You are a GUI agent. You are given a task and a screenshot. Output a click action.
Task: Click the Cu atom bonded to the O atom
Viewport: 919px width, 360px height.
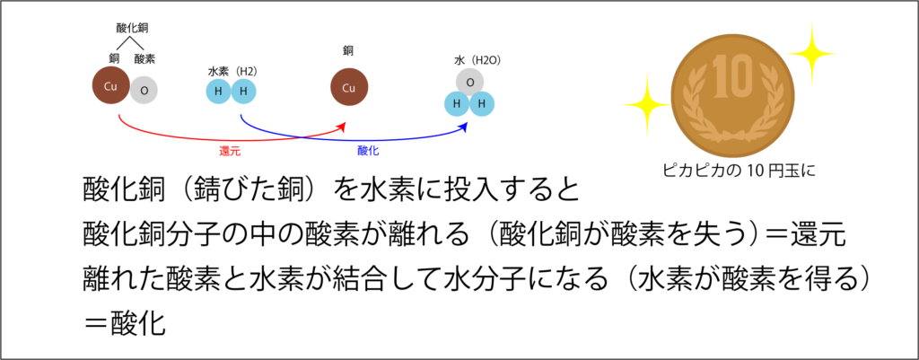pos(110,85)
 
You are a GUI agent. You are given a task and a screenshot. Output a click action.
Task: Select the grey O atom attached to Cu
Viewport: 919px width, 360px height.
pos(144,90)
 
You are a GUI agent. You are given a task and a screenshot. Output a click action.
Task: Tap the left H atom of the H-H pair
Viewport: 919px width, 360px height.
pos(218,91)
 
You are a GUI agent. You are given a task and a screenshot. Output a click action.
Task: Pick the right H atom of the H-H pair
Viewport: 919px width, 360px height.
pos(243,91)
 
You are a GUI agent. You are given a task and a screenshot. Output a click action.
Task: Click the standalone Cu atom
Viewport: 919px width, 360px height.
pos(348,87)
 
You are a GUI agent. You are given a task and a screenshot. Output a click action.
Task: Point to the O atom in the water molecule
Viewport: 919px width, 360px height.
pos(469,82)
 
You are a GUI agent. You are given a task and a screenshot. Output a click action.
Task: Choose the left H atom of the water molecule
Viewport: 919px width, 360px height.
pos(456,104)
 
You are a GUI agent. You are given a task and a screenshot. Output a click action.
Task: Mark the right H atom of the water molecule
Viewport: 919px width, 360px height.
pos(482,104)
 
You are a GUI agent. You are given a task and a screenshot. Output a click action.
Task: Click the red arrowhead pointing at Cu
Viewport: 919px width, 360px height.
pos(342,127)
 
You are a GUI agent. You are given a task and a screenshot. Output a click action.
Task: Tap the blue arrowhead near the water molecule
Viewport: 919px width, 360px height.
pos(464,127)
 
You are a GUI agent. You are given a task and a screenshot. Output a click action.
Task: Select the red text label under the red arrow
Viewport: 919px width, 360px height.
pos(230,152)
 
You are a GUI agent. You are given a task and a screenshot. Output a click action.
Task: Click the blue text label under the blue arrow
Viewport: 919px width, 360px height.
pos(368,151)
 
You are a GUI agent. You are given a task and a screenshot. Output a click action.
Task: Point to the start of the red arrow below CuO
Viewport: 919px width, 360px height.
pos(119,116)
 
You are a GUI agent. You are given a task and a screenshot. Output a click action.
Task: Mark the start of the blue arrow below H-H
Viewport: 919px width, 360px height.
pos(241,116)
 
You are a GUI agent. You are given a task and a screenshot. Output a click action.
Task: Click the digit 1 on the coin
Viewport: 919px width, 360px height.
pos(719,76)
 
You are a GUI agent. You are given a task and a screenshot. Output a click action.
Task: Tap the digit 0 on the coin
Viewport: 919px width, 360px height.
pos(740,76)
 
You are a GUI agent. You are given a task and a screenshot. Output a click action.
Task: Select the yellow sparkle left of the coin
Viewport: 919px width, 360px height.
pos(646,105)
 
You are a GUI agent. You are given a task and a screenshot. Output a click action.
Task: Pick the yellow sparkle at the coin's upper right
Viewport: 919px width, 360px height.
pos(812,54)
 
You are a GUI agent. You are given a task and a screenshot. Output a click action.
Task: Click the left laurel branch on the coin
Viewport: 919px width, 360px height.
pos(697,106)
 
